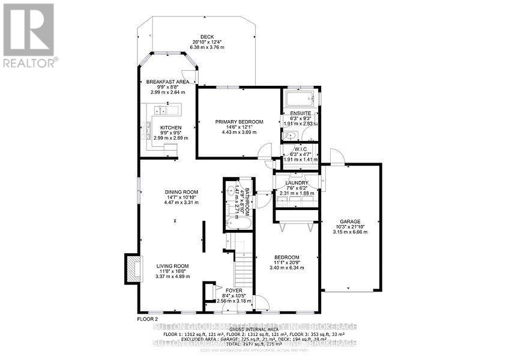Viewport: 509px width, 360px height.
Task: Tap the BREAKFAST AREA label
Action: (x=168, y=82)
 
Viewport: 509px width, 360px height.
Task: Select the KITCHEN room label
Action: (x=170, y=128)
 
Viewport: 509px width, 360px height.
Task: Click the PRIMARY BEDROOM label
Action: (x=239, y=122)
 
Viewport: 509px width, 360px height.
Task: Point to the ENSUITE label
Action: (x=300, y=113)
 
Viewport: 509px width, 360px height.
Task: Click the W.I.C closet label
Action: (x=300, y=149)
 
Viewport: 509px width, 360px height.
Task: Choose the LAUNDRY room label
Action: (x=297, y=183)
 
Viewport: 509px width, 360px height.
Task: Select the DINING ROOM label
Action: (x=181, y=193)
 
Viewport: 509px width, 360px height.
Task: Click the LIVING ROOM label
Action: (x=173, y=266)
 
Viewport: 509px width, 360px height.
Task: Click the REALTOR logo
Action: (x=29, y=35)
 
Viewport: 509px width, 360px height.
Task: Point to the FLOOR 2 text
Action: (x=147, y=319)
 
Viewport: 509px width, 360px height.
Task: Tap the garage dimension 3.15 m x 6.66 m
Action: (x=350, y=232)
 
